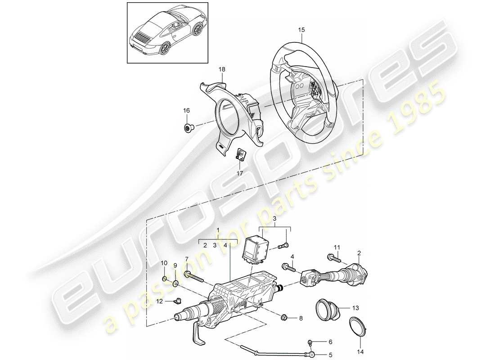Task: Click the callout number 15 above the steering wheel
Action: [301, 30]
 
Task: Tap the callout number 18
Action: [222, 69]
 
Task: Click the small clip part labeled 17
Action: [241, 154]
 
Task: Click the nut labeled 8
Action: [285, 319]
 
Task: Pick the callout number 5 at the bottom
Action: [330, 355]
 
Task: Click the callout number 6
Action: [330, 342]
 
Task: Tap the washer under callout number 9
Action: [175, 283]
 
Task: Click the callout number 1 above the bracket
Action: [218, 230]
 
